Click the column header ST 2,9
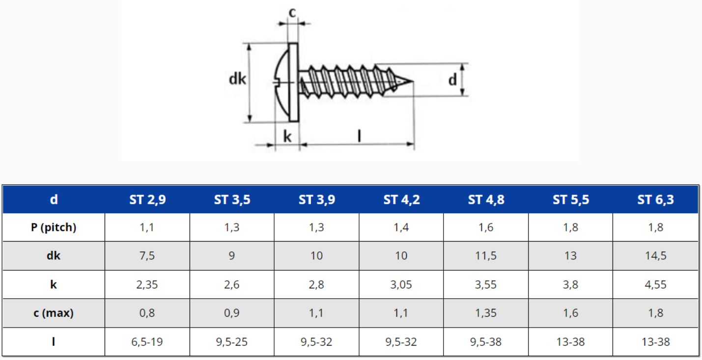[x=147, y=199]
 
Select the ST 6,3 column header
[x=655, y=199]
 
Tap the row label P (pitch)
[x=54, y=227]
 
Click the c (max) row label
[x=54, y=313]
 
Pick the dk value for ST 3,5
[x=231, y=256]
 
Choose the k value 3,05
[x=401, y=284]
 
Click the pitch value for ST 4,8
[x=486, y=227]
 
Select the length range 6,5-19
[x=147, y=342]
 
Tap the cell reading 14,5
[x=656, y=256]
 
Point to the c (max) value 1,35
[x=486, y=313]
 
